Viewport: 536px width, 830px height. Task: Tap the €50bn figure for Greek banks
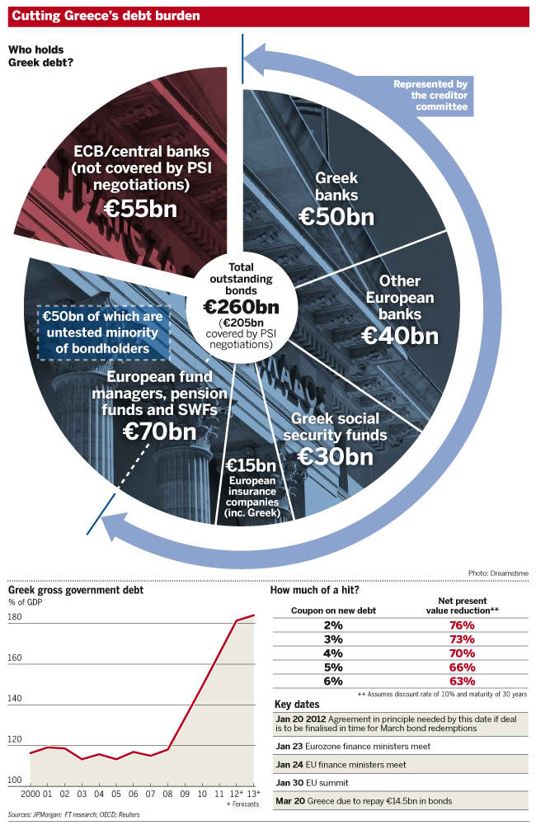[x=336, y=216]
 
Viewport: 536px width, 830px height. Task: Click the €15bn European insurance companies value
[x=245, y=465]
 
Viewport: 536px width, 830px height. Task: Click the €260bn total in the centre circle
[x=241, y=306]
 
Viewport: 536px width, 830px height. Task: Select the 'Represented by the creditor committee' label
[x=430, y=96]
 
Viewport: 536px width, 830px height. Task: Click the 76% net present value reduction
[x=463, y=625]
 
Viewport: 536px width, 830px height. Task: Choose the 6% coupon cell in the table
[x=333, y=681]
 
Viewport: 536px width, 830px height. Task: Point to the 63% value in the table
[x=463, y=681]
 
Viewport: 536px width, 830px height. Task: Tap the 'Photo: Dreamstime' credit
[x=497, y=572]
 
